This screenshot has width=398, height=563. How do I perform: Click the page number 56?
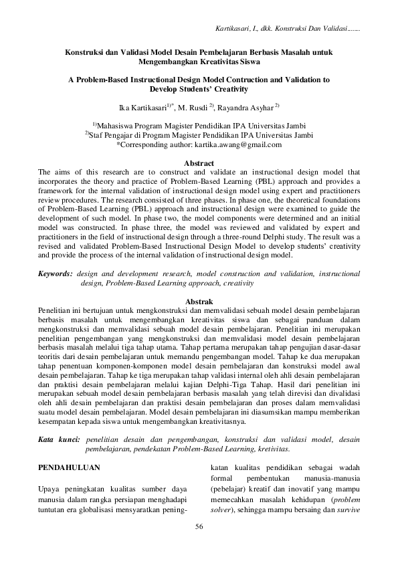coord(199,528)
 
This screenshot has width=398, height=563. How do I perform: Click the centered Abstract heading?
coord(199,163)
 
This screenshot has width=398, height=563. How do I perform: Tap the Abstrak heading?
coord(199,302)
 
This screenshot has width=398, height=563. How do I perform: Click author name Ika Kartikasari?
coord(144,106)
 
